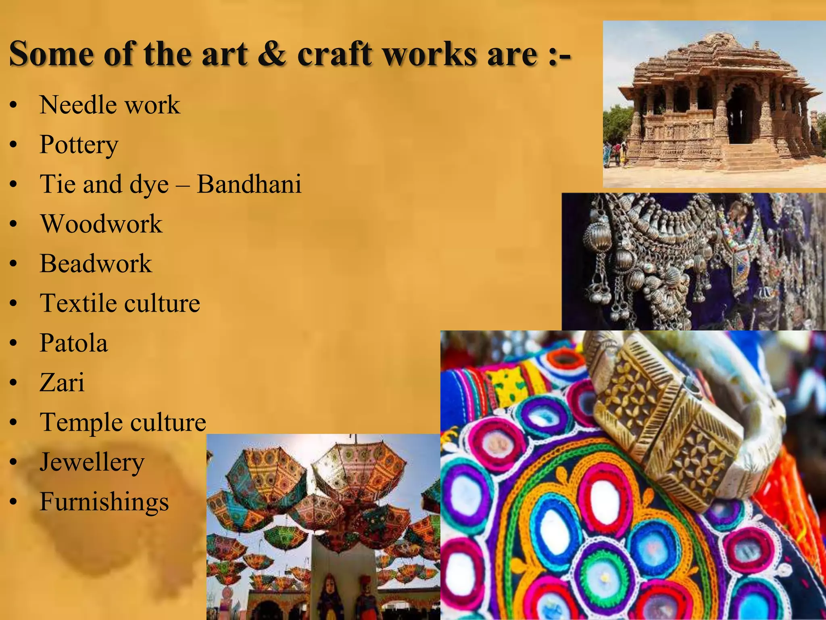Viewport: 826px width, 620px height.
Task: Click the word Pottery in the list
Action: click(x=79, y=145)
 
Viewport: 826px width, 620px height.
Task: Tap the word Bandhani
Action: click(x=249, y=184)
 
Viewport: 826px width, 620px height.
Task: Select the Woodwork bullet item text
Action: click(x=101, y=224)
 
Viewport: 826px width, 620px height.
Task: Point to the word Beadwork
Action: click(x=96, y=263)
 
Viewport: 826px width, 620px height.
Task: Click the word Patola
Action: click(x=74, y=343)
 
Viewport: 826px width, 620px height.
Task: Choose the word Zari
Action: click(x=62, y=382)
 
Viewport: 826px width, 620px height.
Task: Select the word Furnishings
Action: click(x=104, y=501)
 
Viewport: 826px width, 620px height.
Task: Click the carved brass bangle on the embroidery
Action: click(x=682, y=420)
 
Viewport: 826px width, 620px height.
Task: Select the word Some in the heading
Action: click(x=52, y=53)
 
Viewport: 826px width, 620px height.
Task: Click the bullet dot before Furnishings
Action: click(x=14, y=502)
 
